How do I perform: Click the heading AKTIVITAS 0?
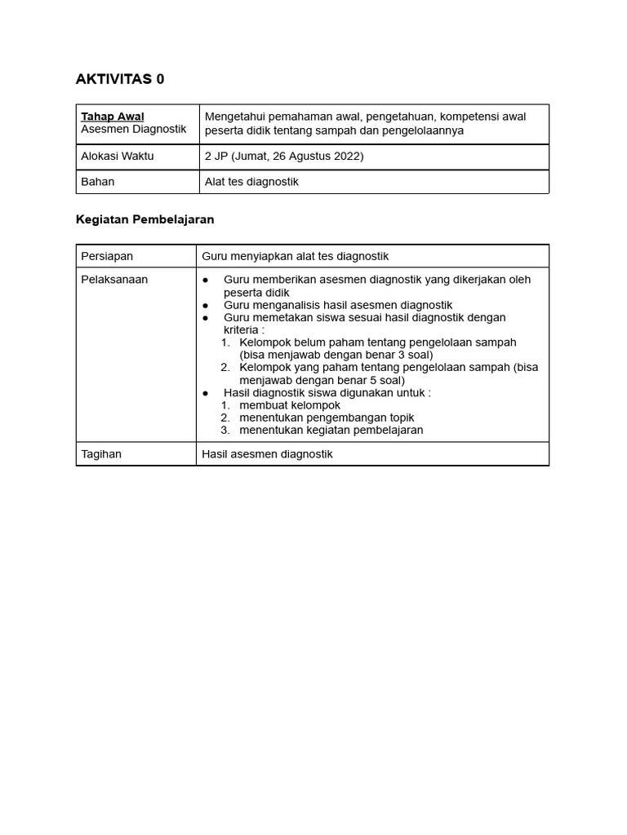[119, 79]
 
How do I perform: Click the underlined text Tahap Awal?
[113, 117]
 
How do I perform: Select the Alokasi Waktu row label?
[118, 156]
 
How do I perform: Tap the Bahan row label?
[98, 182]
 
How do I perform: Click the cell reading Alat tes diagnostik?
[251, 182]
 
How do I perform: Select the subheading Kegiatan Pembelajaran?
[145, 219]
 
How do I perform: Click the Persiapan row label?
[107, 256]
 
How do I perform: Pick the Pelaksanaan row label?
[114, 279]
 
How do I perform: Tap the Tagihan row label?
[101, 453]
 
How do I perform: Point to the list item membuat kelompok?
[290, 405]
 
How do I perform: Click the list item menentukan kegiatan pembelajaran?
[331, 430]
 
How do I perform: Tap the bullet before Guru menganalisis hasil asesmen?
[206, 305]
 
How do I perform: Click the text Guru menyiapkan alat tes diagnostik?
[296, 256]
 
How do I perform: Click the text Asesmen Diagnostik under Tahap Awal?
[134, 129]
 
